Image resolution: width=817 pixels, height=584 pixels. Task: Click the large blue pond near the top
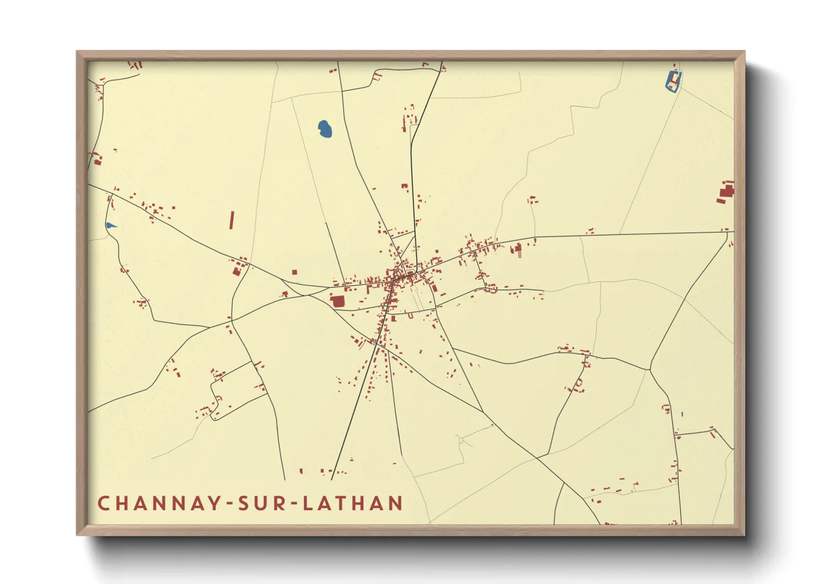[325, 129]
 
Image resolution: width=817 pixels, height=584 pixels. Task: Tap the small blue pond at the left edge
[111, 225]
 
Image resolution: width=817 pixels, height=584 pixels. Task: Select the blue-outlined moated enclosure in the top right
[673, 81]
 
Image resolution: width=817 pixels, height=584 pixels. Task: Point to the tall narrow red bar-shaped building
[232, 220]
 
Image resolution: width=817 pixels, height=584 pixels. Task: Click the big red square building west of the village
[337, 301]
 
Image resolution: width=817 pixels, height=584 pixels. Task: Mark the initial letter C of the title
[103, 503]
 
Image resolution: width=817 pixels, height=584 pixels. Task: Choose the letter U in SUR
[260, 503]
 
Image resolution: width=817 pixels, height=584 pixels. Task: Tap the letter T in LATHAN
[343, 503]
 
